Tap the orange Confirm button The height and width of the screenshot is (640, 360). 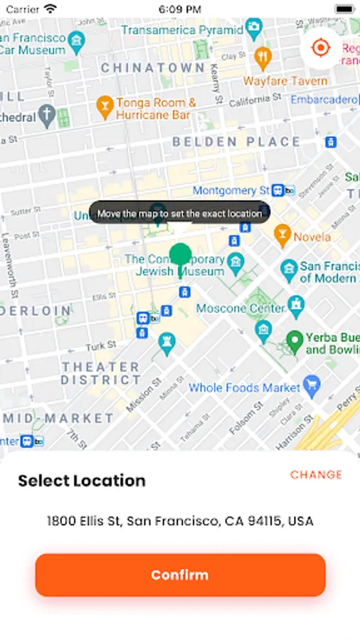[180, 575]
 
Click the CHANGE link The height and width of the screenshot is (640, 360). [316, 475]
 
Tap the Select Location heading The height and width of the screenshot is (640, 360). [82, 481]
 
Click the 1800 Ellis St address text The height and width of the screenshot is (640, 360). [180, 521]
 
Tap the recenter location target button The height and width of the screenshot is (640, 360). [321, 48]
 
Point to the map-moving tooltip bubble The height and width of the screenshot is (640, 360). [179, 213]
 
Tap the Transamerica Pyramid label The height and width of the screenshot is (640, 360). [181, 30]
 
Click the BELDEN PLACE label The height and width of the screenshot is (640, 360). [236, 142]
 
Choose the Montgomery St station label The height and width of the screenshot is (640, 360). [231, 191]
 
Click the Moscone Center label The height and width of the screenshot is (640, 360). [240, 309]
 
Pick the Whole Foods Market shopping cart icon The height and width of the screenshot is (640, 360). [311, 387]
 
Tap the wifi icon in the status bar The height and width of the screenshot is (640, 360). [50, 9]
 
